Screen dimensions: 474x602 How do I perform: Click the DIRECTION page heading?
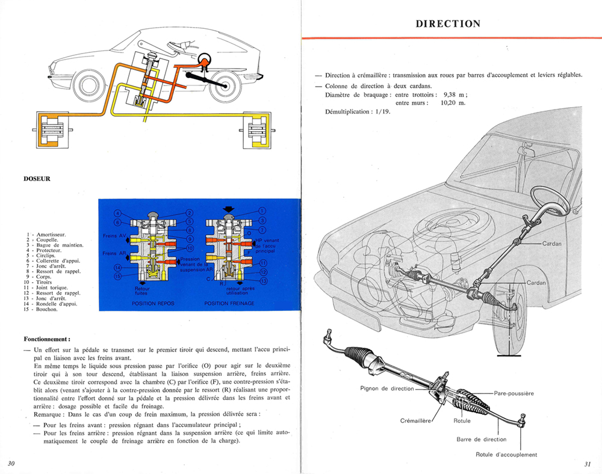(448, 24)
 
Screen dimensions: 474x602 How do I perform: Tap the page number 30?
(11, 463)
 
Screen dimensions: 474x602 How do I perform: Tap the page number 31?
(588, 464)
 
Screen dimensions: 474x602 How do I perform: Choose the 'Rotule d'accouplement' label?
(506, 455)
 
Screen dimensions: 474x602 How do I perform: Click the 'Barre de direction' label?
(482, 439)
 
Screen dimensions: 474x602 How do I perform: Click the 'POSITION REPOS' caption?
(153, 304)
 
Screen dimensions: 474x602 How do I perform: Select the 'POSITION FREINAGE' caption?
(229, 304)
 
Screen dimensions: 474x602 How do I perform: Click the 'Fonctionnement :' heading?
(48, 339)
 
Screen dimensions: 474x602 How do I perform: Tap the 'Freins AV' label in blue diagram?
(114, 235)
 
